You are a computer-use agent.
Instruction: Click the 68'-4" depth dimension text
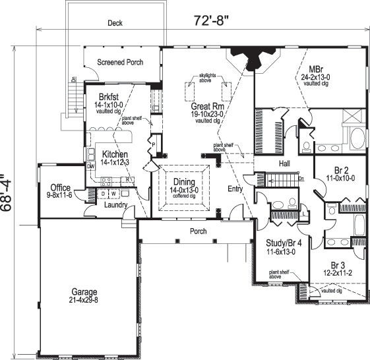(x=9, y=192)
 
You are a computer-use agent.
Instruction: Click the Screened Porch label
(x=120, y=63)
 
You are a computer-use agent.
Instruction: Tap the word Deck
(x=115, y=22)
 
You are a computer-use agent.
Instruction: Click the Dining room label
(x=184, y=181)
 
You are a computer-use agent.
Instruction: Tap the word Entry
(x=235, y=189)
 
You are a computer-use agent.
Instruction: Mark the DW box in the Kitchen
(x=91, y=167)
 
